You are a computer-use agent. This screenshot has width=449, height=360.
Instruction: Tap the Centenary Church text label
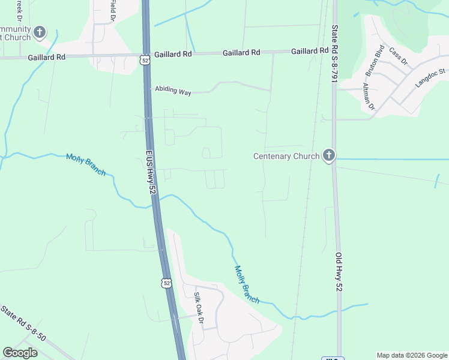[x=286, y=157]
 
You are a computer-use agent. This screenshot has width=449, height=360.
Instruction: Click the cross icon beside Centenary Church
[x=328, y=156]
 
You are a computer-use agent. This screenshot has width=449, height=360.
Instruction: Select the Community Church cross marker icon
[x=40, y=32]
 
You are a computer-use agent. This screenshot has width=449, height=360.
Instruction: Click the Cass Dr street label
[x=398, y=56]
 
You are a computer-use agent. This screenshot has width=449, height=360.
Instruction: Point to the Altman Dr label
[x=368, y=96]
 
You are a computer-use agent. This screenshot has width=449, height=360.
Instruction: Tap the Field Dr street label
[x=112, y=8]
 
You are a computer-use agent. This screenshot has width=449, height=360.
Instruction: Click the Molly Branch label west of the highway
[x=85, y=164]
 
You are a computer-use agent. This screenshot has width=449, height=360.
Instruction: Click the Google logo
[x=20, y=352]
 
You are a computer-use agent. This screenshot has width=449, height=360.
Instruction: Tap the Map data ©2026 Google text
[x=412, y=355]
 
